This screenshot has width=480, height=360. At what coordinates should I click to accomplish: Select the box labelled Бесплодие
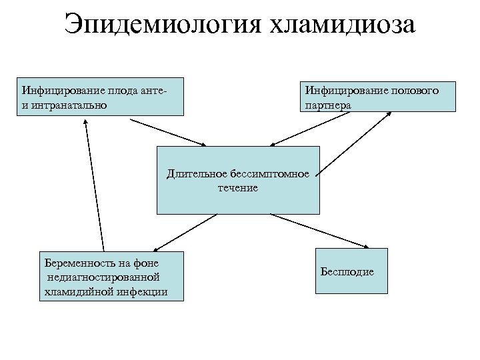[347, 271]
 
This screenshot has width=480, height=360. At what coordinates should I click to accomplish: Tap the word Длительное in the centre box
[193, 175]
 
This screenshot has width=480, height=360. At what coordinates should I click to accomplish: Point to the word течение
[237, 188]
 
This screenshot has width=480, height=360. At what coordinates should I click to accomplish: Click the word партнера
[327, 105]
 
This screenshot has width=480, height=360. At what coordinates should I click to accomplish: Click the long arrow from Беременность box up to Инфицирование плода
[94, 187]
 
